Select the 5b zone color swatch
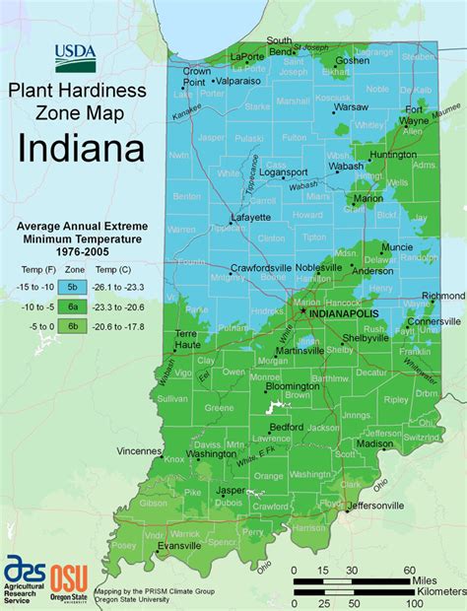click(74, 288)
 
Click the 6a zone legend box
click(74, 306)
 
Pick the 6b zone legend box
click(74, 326)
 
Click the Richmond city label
click(442, 296)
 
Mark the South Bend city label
click(279, 45)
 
